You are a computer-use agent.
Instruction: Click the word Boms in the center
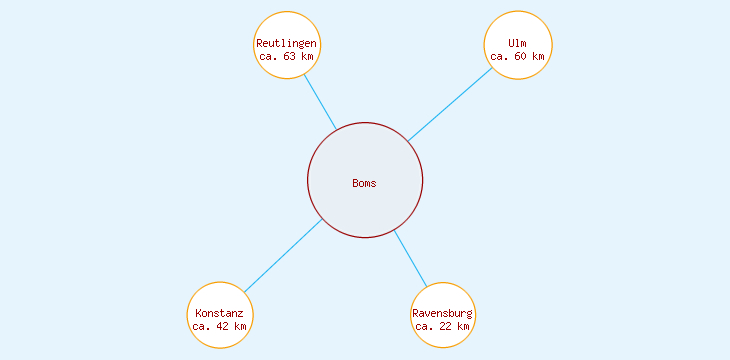coord(365,183)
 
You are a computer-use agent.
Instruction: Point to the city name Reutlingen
coord(287,44)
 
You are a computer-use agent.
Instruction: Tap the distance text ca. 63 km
coord(287,57)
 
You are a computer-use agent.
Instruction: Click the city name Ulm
coord(517,44)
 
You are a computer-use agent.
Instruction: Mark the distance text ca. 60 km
coord(517,57)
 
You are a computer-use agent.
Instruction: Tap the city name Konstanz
coord(220,314)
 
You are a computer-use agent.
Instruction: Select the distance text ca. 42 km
coord(220,327)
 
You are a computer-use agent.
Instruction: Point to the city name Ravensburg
coord(443,314)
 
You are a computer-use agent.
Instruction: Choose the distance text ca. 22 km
coord(443,327)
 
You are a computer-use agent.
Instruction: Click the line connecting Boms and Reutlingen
coord(320,102)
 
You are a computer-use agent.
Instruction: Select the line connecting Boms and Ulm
coord(450,105)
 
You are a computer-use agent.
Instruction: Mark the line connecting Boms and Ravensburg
coord(410,258)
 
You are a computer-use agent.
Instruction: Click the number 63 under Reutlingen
coord(290,57)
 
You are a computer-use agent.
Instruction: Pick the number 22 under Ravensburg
coord(446,327)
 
